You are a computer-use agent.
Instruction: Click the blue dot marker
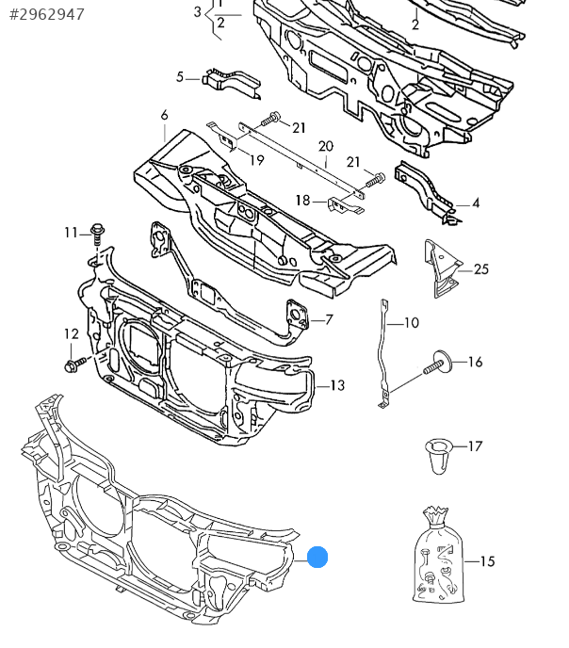(318, 557)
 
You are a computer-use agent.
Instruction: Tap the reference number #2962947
(46, 14)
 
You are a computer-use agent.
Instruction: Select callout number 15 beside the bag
(486, 562)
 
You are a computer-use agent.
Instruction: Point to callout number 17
(475, 445)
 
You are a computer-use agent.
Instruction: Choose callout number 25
(481, 269)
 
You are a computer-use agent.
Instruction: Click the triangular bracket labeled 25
(443, 267)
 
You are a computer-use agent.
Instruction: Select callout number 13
(337, 385)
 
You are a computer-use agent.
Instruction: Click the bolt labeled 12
(73, 363)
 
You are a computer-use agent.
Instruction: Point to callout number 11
(72, 232)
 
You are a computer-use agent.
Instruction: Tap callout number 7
(329, 319)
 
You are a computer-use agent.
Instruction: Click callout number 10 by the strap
(411, 323)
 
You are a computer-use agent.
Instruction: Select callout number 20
(326, 146)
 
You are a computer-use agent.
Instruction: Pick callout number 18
(302, 200)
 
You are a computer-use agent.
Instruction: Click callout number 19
(256, 161)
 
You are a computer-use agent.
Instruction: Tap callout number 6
(164, 115)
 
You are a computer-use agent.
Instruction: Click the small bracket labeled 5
(228, 82)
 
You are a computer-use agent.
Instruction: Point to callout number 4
(476, 202)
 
